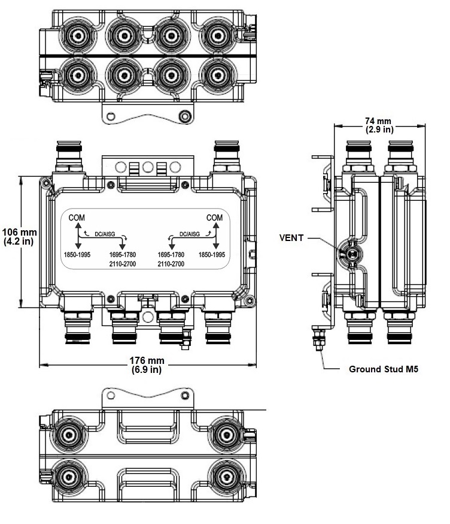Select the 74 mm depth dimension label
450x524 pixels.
pos(379,124)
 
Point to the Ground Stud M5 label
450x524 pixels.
pos(384,369)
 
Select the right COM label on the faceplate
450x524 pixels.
pos(215,217)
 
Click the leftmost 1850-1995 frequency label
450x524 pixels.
pos(78,254)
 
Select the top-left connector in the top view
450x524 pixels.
pos(77,32)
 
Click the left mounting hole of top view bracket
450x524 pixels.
pos(110,115)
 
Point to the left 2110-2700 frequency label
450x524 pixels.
pos(123,264)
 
